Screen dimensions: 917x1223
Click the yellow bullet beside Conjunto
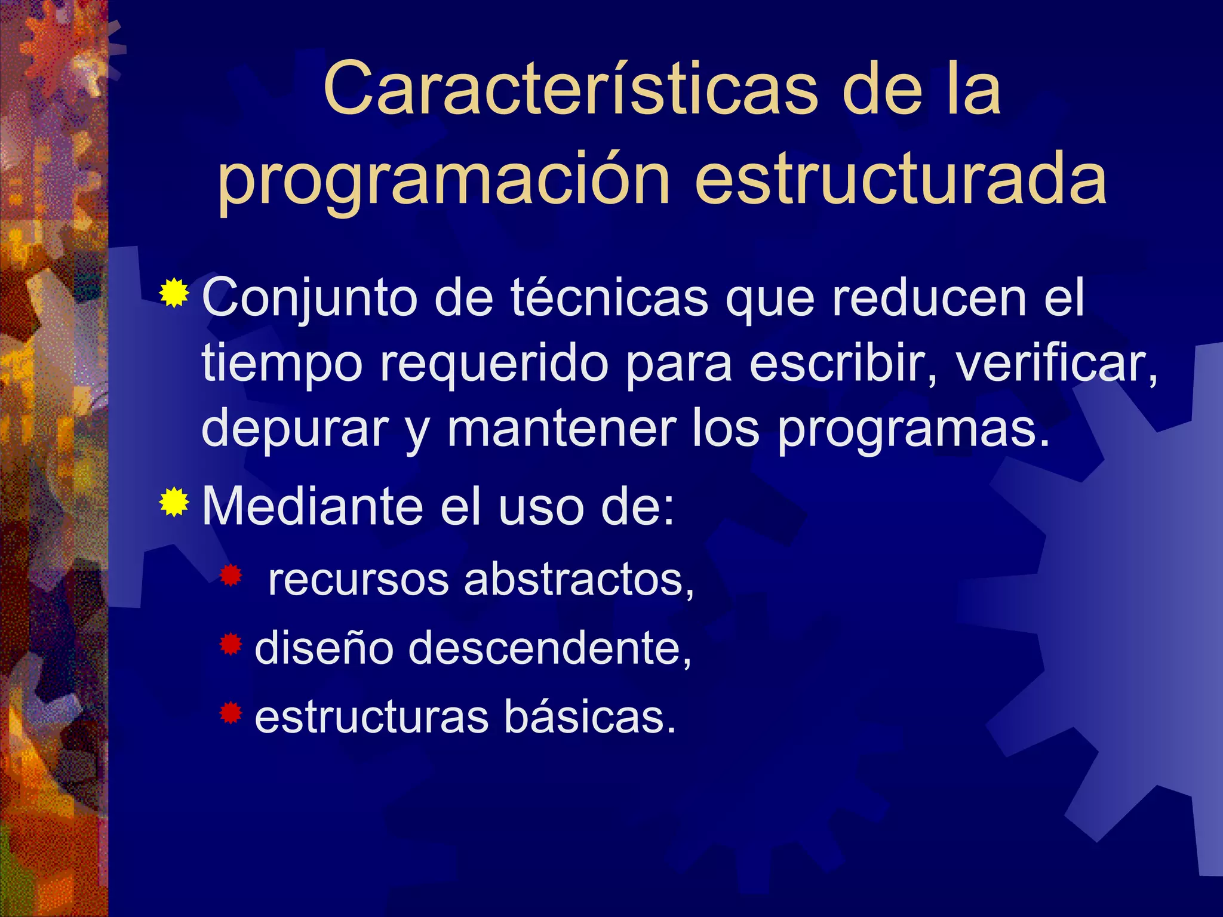tap(174, 293)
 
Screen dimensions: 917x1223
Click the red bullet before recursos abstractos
tap(231, 576)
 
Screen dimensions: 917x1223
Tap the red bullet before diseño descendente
tap(231, 644)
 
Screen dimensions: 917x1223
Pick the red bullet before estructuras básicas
tap(231, 713)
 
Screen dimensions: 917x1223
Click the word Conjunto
tap(309, 299)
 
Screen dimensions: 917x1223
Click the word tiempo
tap(282, 364)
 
